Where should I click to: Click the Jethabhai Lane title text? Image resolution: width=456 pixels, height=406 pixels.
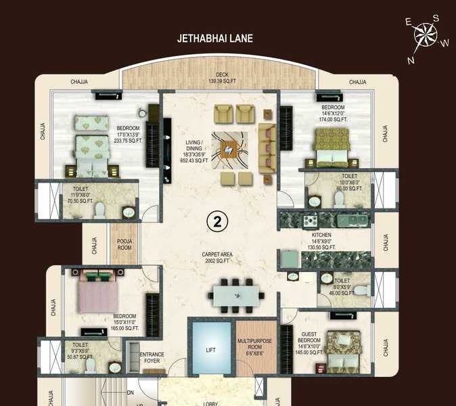click(214, 39)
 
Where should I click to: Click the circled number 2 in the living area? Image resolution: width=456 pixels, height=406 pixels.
click(217, 221)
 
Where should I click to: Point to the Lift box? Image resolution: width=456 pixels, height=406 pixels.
click(210, 351)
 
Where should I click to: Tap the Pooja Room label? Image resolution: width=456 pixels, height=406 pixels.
click(124, 244)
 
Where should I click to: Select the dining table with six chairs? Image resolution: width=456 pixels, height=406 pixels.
click(237, 295)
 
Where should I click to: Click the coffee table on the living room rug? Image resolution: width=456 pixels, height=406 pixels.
click(229, 149)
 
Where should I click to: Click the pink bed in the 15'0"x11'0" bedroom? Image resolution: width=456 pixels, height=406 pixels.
click(99, 292)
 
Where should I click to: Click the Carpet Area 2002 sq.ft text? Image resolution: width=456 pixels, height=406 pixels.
click(219, 258)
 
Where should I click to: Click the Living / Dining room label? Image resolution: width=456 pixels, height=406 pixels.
click(199, 150)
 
